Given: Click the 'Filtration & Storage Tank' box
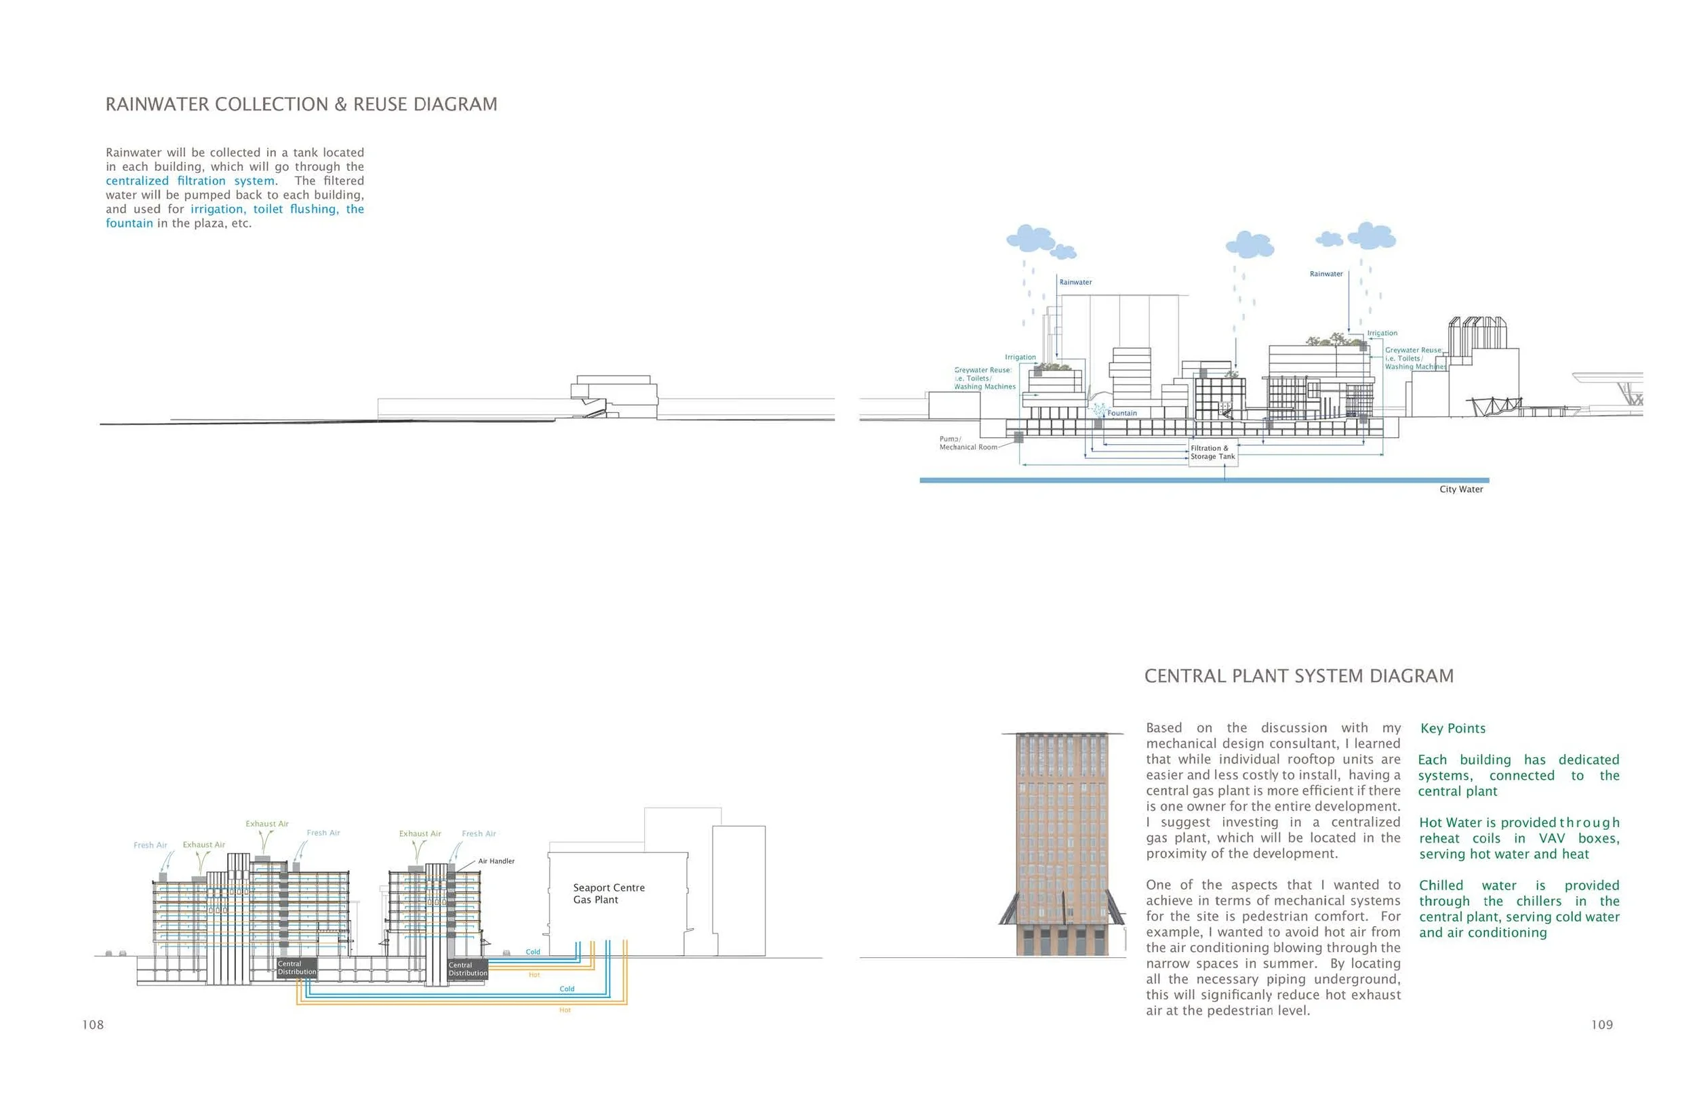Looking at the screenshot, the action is pyautogui.click(x=1213, y=453).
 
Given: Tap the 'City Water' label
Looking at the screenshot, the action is pyautogui.click(x=1460, y=490).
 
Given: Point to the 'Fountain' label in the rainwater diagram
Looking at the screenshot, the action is pyautogui.click(x=1121, y=413).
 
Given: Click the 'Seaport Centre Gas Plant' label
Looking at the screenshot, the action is pyautogui.click(x=609, y=894).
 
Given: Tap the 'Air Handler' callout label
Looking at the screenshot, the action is pyautogui.click(x=496, y=861).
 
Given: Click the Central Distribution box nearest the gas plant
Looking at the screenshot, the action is pyautogui.click(x=467, y=970).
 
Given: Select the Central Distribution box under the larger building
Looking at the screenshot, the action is pyautogui.click(x=296, y=968).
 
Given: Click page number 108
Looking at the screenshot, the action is pyautogui.click(x=93, y=1025).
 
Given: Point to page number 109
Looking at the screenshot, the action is pyautogui.click(x=1601, y=1025).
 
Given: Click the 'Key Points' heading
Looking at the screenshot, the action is pyautogui.click(x=1452, y=729).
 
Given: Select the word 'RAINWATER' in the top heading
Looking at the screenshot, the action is pyautogui.click(x=157, y=104).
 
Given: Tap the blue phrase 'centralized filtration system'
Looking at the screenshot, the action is pyautogui.click(x=190, y=181).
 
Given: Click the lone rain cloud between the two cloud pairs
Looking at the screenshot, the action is pyautogui.click(x=1249, y=244).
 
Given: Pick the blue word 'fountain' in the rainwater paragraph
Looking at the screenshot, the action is pyautogui.click(x=129, y=224).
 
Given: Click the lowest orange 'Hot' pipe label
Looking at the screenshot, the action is pyautogui.click(x=565, y=1011).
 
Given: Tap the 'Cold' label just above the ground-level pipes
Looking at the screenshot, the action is pyautogui.click(x=533, y=953).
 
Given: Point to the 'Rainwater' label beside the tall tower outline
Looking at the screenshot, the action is pyautogui.click(x=1075, y=283).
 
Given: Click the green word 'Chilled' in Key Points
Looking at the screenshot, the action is pyautogui.click(x=1441, y=885).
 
